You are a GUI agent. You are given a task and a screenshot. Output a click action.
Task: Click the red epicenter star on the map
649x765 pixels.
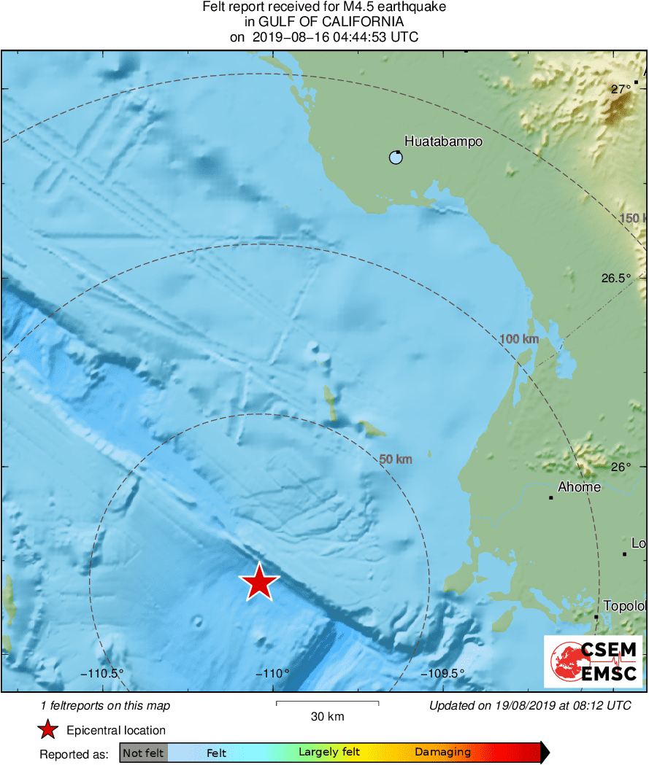tap(259, 582)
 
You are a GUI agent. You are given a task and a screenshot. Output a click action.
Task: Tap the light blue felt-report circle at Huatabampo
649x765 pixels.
tap(396, 158)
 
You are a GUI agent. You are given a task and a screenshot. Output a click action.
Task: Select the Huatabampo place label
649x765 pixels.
tap(443, 141)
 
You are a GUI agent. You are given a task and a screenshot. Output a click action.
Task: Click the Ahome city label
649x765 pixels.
tap(579, 487)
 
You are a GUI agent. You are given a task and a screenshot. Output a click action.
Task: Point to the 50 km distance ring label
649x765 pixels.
tap(396, 459)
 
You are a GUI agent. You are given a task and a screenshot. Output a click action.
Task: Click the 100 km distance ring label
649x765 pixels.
tap(519, 339)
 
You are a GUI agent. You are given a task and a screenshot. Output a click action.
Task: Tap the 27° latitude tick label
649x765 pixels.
tap(621, 89)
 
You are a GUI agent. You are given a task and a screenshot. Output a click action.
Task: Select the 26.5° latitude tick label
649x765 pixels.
tap(615, 278)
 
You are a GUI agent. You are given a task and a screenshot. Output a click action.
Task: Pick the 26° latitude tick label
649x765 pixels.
tap(621, 467)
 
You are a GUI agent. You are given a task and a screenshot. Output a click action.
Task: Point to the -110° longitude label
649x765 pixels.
tap(273, 673)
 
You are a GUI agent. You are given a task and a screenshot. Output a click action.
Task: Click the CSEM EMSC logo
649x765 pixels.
tap(594, 661)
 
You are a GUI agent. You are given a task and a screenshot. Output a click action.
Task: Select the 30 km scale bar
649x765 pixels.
tap(327, 704)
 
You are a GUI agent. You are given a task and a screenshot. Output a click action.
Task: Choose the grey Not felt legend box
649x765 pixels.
tap(143, 753)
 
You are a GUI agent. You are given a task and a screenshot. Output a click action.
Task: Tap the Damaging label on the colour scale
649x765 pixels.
tap(442, 753)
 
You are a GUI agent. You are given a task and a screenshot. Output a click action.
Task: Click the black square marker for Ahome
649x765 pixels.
tap(551, 498)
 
